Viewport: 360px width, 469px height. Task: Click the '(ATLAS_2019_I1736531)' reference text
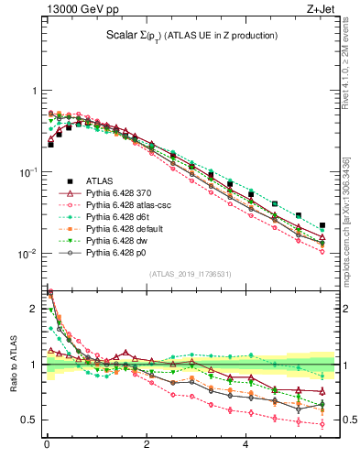[x=191, y=274]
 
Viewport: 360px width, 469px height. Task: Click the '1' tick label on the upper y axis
[x=34, y=92]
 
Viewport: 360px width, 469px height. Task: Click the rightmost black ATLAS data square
[x=322, y=224]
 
